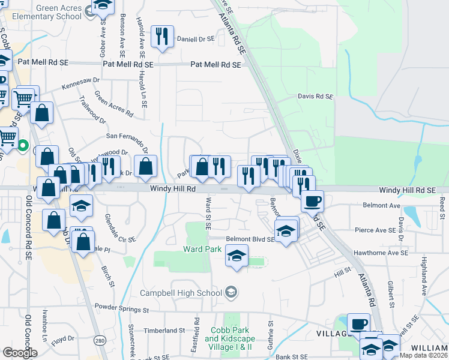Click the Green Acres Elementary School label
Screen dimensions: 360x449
pos(59,11)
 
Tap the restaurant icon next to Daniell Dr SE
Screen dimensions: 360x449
pos(161,37)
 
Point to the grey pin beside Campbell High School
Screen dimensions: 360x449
pos(231,292)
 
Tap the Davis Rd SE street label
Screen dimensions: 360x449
pos(315,96)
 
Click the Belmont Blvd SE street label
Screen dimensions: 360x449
pos(250,239)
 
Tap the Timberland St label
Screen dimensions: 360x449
pos(164,331)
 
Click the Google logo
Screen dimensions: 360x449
pos(19,353)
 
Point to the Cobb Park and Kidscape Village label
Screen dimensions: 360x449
pos(229,338)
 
